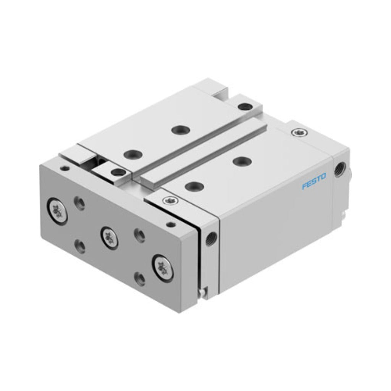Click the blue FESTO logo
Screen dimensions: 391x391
point(314,181)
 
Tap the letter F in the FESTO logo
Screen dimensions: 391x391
point(305,186)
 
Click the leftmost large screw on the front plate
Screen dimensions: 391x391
point(57,211)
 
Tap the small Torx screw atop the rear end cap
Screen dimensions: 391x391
point(299,132)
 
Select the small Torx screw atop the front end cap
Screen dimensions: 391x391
point(170,200)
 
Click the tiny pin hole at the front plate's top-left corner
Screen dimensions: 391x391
point(65,168)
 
